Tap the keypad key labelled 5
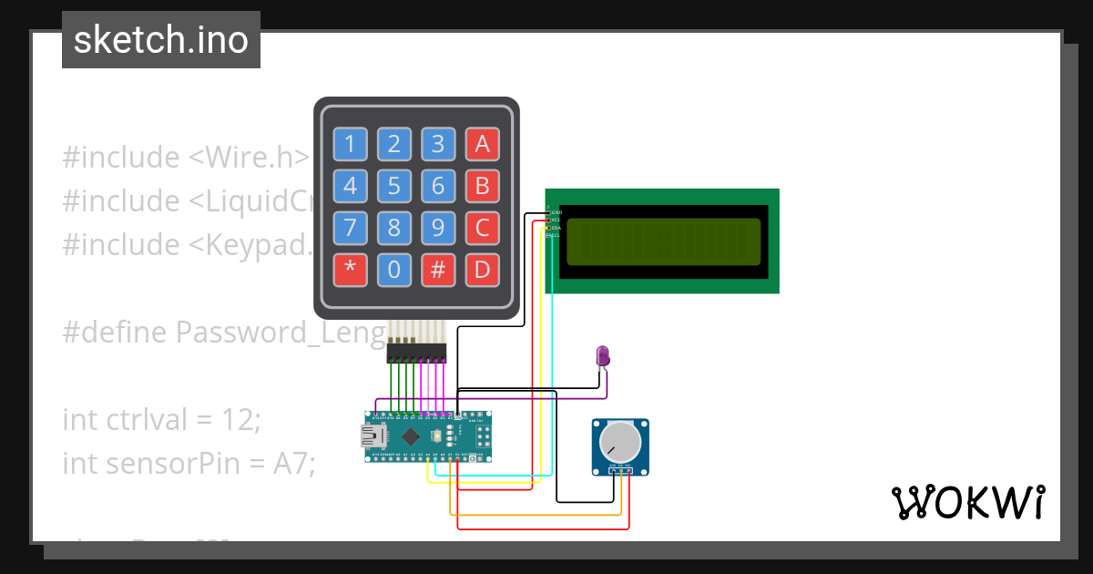coord(393,187)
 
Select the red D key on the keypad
coord(482,270)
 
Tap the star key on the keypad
coord(349,270)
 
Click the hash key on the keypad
coord(437,270)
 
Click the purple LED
coord(602,354)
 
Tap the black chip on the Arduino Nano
coord(412,436)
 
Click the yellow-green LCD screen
coord(663,241)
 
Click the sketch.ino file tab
coord(161,40)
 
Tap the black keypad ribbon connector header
coord(416,351)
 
